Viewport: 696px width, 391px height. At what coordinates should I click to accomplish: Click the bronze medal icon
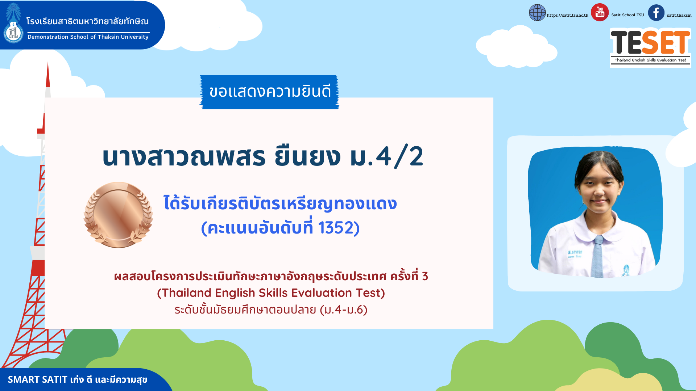tap(118, 215)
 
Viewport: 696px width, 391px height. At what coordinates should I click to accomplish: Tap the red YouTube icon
tap(600, 12)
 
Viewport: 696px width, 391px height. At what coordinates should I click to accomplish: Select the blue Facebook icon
tap(656, 13)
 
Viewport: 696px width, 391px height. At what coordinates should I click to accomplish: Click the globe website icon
tap(537, 13)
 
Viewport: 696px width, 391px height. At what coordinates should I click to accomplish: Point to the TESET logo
tap(650, 47)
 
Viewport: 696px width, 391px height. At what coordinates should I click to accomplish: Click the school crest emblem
tap(13, 24)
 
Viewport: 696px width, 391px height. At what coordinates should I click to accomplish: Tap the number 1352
tap(336, 228)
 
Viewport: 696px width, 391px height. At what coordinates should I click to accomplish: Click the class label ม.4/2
tap(386, 156)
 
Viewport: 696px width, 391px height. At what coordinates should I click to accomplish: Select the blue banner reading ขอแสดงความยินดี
tap(269, 92)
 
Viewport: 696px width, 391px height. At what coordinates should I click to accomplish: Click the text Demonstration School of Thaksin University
tap(88, 37)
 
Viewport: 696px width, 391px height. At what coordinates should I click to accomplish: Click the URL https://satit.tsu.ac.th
tap(568, 15)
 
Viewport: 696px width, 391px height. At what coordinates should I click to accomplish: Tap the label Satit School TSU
tap(627, 15)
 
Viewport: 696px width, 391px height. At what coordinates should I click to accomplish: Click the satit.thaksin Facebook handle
tap(679, 15)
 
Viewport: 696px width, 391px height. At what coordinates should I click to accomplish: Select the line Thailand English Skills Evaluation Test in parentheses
tap(271, 293)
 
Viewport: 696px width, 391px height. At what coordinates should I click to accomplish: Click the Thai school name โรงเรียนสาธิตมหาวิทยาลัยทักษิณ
tap(87, 21)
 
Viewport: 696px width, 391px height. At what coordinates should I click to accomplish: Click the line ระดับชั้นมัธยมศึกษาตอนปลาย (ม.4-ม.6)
tap(271, 310)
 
